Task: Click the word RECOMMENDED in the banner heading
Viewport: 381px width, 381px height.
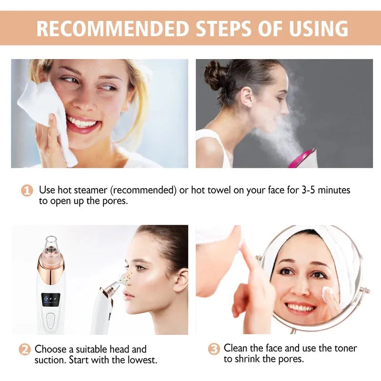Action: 111,28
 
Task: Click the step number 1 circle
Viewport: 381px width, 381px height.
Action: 27,191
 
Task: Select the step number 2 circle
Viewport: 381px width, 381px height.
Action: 25,349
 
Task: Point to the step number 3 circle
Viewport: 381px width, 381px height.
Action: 214,349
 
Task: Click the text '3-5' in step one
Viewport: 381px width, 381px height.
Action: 311,190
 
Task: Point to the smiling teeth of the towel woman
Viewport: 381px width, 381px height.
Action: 82,123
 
